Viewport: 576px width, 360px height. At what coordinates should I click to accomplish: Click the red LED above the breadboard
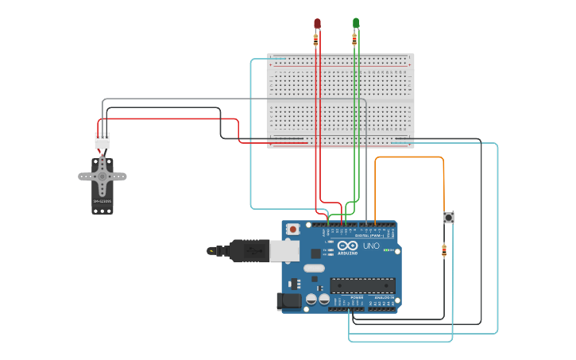(x=317, y=23)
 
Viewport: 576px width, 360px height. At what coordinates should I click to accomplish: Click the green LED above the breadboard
(x=356, y=22)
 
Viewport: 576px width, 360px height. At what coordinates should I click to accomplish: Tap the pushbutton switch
(x=448, y=217)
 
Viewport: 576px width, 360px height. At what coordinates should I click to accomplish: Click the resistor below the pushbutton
(x=444, y=251)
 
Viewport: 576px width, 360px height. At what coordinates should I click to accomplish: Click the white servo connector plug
(x=102, y=141)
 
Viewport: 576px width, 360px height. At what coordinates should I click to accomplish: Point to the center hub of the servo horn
(x=102, y=176)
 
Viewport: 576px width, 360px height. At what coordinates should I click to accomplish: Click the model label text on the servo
(x=102, y=202)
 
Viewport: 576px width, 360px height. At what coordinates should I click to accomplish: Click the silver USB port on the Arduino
(x=284, y=251)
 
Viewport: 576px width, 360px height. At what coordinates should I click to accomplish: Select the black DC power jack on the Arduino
(x=288, y=300)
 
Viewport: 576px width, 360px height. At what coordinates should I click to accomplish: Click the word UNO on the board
(x=371, y=246)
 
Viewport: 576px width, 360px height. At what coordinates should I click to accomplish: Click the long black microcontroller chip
(x=362, y=285)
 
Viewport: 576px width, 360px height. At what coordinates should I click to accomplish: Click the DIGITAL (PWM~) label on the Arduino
(x=369, y=235)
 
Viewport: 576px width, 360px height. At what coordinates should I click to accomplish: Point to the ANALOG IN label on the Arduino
(x=384, y=297)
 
